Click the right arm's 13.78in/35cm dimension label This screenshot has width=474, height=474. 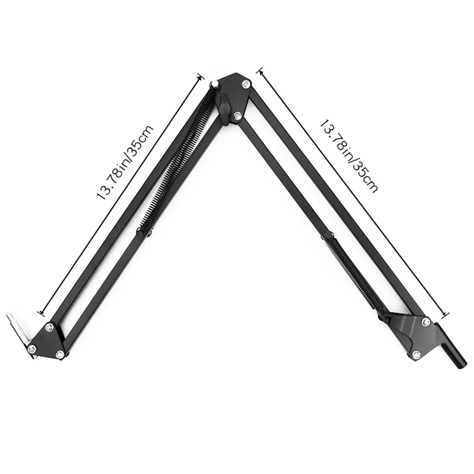point(349,156)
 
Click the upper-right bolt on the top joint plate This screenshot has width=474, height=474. point(246,84)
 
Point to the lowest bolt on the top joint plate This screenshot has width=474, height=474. point(237,115)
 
